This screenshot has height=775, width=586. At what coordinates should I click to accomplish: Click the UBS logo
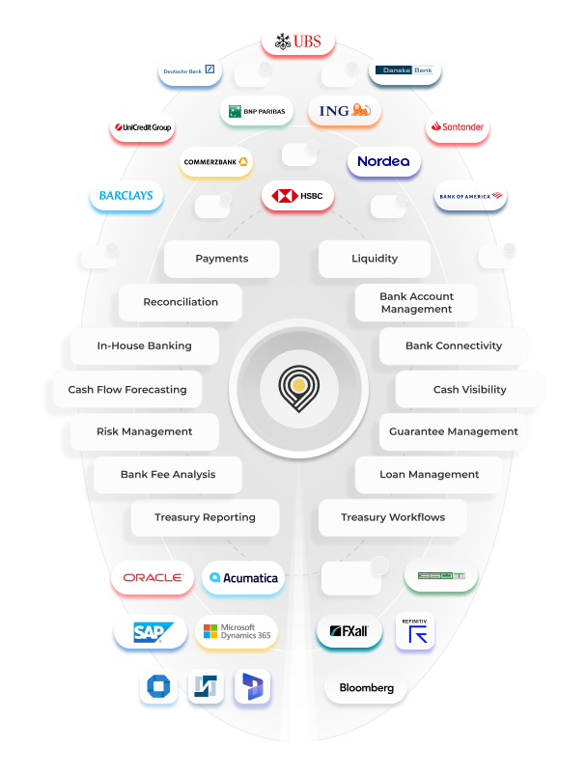tap(298, 42)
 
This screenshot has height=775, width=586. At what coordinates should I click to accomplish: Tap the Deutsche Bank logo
tap(189, 70)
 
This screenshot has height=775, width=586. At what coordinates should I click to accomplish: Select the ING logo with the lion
tap(345, 111)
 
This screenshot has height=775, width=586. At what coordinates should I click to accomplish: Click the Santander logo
tap(458, 126)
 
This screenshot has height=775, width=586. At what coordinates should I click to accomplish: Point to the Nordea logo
tap(383, 161)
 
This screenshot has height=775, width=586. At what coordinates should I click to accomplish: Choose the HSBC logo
tap(298, 196)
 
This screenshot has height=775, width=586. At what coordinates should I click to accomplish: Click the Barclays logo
tap(126, 196)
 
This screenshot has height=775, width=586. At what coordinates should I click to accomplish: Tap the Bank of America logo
tap(470, 196)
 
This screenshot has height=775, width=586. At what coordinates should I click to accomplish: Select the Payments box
tap(222, 259)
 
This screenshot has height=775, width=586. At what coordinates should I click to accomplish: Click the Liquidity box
tap(375, 259)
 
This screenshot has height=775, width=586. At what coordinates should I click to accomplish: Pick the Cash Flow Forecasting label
tap(127, 390)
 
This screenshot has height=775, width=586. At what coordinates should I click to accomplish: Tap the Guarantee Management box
tap(454, 431)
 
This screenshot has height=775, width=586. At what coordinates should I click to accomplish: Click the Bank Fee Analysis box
tap(168, 474)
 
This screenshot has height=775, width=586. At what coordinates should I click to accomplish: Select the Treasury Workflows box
tap(393, 517)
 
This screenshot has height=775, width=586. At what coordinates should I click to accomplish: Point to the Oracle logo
tap(153, 577)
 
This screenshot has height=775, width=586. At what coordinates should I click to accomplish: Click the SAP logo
tap(150, 632)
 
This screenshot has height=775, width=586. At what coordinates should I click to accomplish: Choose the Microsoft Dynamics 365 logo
tap(237, 632)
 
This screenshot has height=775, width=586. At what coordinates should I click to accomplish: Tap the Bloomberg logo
tap(366, 688)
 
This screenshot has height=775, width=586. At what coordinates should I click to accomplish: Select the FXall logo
tap(349, 631)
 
